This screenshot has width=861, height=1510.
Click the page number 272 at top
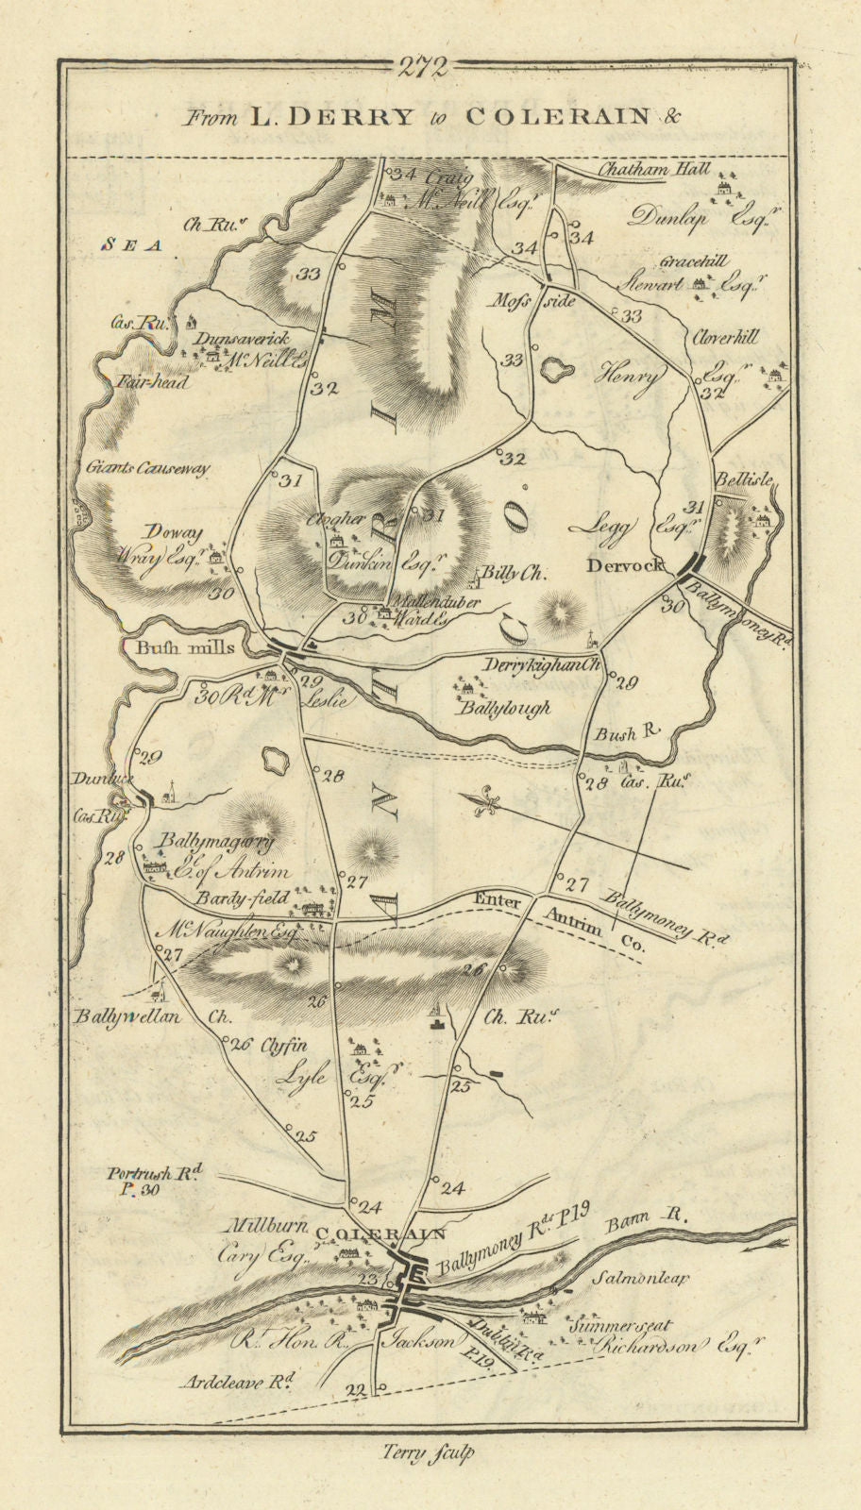422,66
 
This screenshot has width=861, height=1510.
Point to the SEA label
133,243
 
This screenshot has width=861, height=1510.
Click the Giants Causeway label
147,467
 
